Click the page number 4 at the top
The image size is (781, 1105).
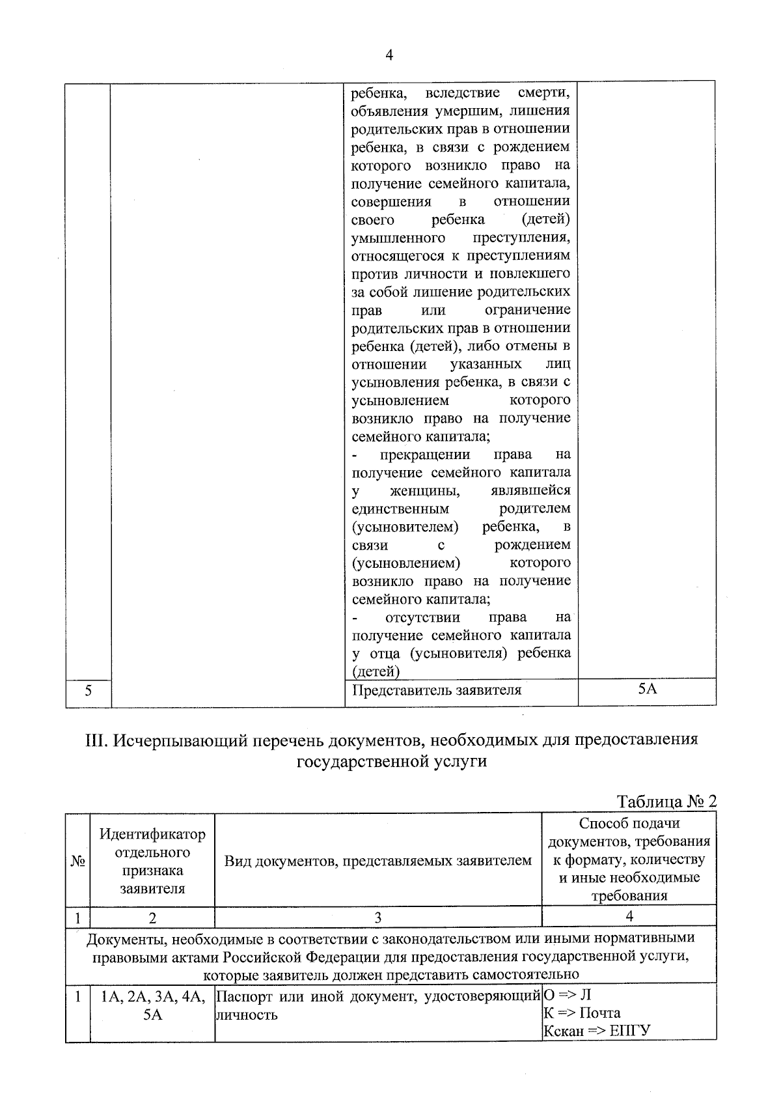tap(389, 55)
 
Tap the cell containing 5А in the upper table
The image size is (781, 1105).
tap(647, 688)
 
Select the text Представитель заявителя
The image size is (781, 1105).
tap(437, 690)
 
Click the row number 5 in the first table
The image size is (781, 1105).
tap(88, 691)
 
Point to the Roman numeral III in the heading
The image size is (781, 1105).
tap(97, 740)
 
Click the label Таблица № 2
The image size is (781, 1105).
tap(666, 801)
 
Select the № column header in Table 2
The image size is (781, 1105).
tap(77, 861)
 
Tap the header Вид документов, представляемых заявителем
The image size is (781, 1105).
tap(378, 861)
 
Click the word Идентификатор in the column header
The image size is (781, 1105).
tap(152, 834)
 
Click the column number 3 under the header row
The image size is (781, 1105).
tap(377, 917)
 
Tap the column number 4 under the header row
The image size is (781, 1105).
tap(629, 916)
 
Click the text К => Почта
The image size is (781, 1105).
tap(582, 1013)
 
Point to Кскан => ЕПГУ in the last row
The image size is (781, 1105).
tap(597, 1031)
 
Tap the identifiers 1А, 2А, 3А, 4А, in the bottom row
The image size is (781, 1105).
tap(152, 996)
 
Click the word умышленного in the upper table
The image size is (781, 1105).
tap(398, 237)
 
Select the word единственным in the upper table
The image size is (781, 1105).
tap(400, 508)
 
